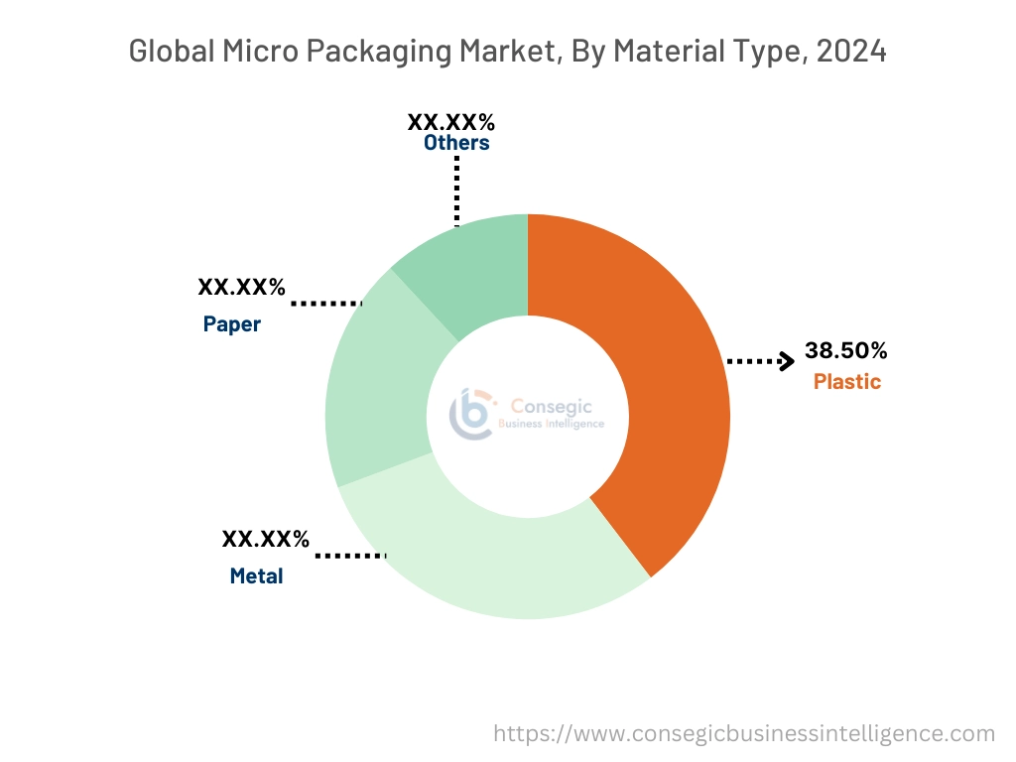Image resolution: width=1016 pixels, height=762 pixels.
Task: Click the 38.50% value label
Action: [x=845, y=350]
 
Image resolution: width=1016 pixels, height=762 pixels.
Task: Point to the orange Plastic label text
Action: [x=846, y=381]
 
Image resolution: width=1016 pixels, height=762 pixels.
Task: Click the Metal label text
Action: [x=256, y=575]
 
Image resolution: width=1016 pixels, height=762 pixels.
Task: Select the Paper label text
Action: [x=232, y=323]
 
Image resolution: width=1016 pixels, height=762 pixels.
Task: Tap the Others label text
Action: [x=456, y=143]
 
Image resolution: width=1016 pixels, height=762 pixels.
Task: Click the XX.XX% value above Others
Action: [x=450, y=122]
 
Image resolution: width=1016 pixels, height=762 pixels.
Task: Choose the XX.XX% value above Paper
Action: [x=242, y=288]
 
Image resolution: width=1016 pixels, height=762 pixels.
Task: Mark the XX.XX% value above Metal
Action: [x=265, y=540]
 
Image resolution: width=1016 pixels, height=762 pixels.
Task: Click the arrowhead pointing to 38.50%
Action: [x=786, y=361]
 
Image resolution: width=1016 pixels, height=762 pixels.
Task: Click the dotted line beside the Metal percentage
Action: [x=349, y=556]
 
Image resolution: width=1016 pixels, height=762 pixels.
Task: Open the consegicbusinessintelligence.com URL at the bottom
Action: [x=744, y=733]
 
